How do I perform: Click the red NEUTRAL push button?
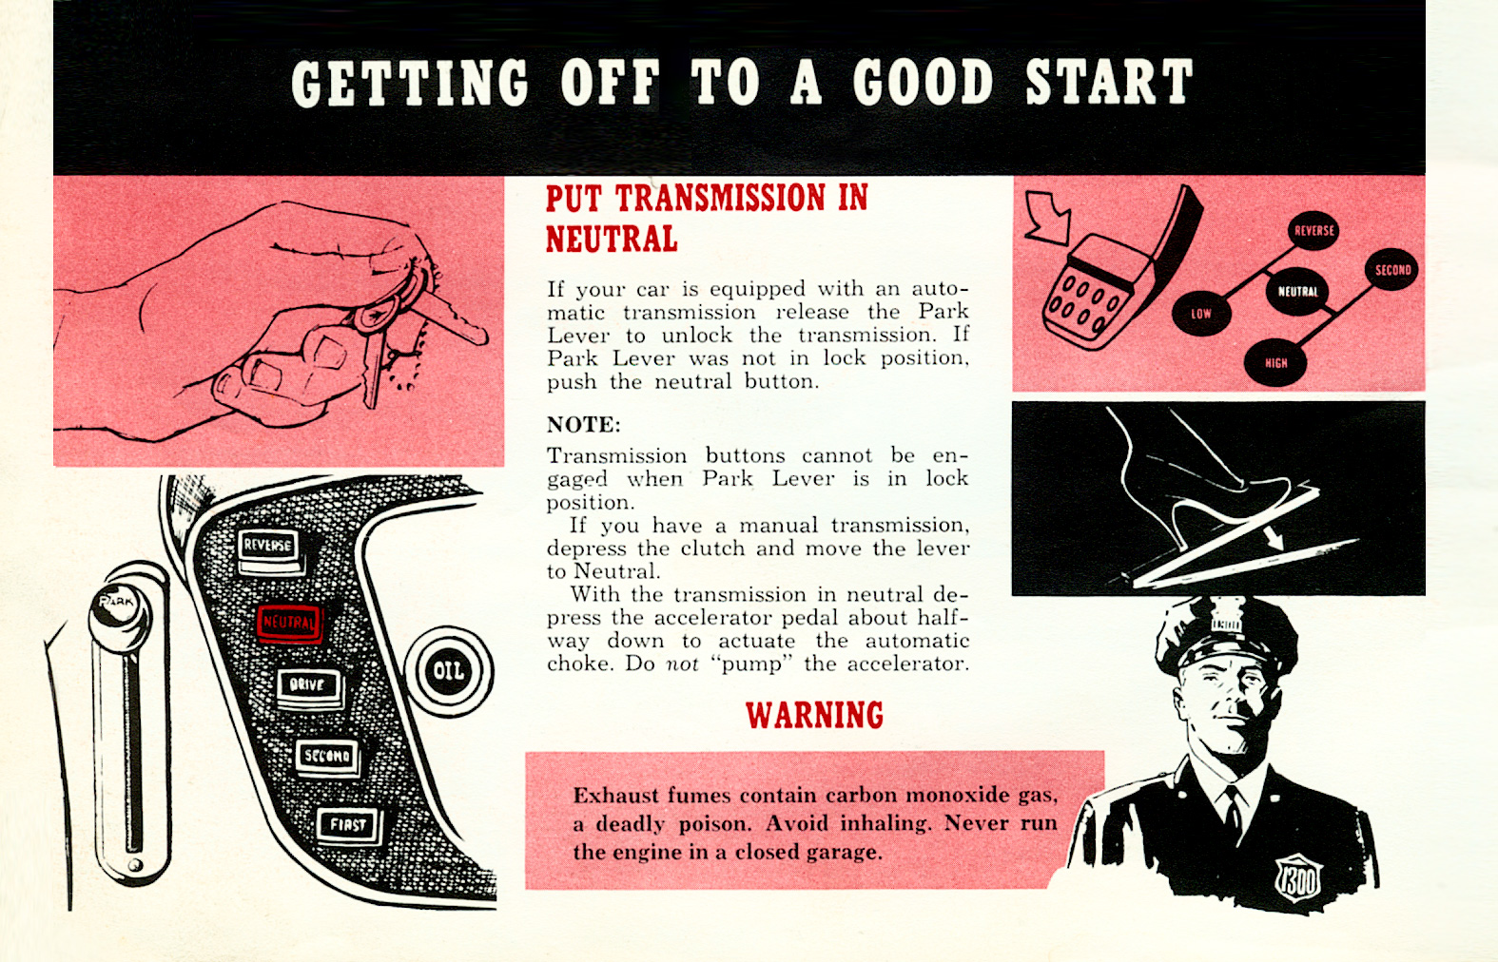click(x=289, y=623)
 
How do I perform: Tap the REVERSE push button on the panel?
click(x=268, y=546)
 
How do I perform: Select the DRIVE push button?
click(x=308, y=684)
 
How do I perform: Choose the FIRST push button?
click(x=348, y=824)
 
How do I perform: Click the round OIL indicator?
click(x=449, y=671)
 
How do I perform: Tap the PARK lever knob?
click(x=118, y=605)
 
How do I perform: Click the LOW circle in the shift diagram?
click(x=1201, y=314)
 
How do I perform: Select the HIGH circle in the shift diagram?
click(x=1275, y=362)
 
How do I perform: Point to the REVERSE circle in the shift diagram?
click(x=1313, y=231)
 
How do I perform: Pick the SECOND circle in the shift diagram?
click(x=1392, y=270)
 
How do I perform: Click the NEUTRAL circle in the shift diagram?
click(x=1297, y=292)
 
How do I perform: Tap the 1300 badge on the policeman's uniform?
click(x=1298, y=879)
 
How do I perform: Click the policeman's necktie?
click(x=1234, y=813)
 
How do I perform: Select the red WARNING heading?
click(x=814, y=715)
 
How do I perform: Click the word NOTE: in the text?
click(x=583, y=424)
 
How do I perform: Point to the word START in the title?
click(x=1108, y=83)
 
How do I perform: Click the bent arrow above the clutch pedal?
click(x=1050, y=217)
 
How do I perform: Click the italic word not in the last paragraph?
click(x=681, y=664)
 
